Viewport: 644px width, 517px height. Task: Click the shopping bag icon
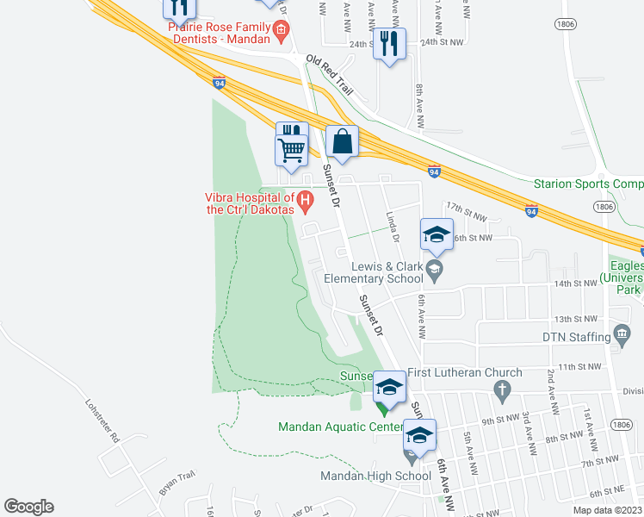[342, 140]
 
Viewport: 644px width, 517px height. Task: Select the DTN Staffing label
[576, 337]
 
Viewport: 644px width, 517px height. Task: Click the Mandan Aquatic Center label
[341, 427]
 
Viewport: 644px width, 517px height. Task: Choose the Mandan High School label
[376, 476]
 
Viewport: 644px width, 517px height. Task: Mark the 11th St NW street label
[577, 367]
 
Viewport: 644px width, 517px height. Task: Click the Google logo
[28, 507]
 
